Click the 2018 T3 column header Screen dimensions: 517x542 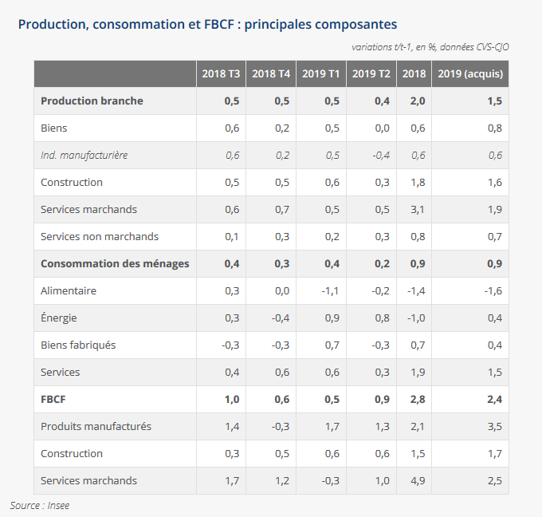(221, 74)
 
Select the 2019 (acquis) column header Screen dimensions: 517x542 (470, 74)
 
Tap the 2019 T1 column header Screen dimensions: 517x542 (321, 74)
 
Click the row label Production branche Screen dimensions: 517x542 (92, 101)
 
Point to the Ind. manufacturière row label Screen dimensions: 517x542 (84, 156)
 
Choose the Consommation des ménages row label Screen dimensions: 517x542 (115, 264)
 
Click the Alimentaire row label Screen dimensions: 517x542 (69, 291)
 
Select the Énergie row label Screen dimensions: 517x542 (59, 318)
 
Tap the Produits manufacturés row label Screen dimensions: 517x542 (96, 427)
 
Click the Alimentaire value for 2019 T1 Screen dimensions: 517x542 (331, 291)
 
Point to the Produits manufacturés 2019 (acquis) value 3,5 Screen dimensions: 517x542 (493, 427)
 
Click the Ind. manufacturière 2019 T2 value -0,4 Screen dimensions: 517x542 (380, 156)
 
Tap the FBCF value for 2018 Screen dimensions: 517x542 (417, 400)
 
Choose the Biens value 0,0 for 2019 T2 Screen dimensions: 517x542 (382, 128)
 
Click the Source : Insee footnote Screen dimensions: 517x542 (40, 505)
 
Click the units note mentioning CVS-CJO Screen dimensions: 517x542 (430, 47)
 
